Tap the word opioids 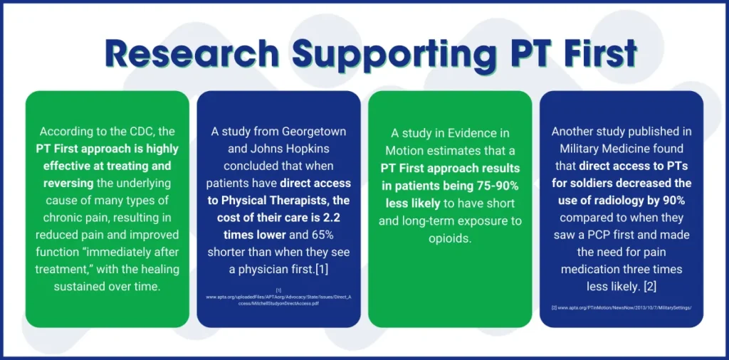click(x=449, y=238)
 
